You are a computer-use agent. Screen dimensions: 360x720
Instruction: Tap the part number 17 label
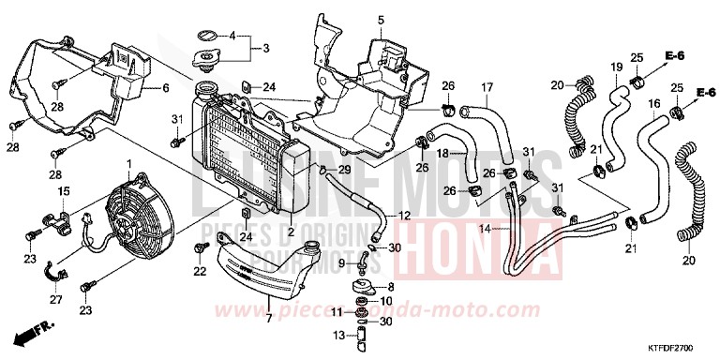[x=487, y=89]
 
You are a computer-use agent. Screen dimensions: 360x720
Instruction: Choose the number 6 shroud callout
[x=166, y=88]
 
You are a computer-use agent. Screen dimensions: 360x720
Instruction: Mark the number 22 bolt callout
[x=200, y=271]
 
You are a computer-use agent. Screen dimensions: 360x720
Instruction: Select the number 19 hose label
[x=616, y=67]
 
